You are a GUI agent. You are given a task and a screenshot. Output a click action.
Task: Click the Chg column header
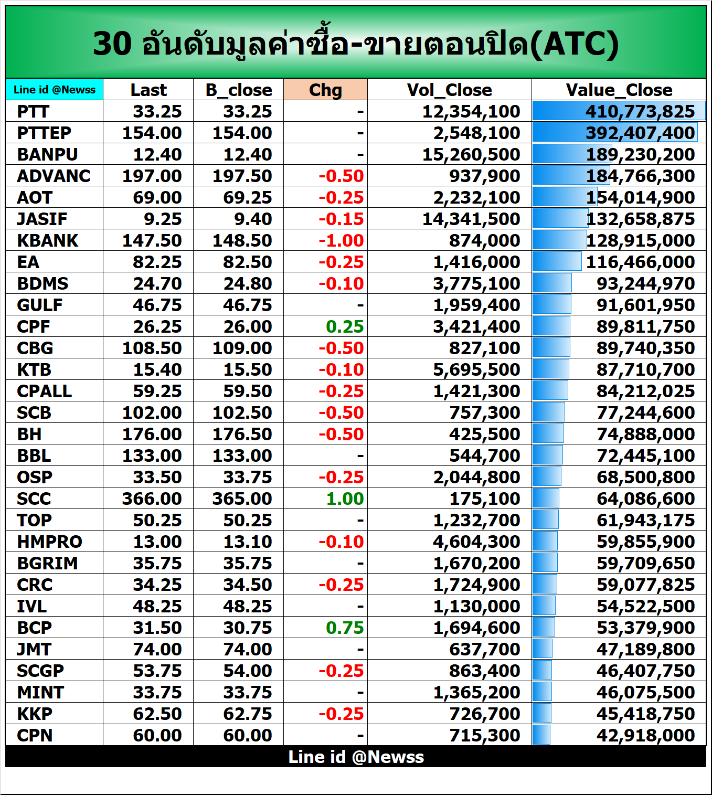[x=325, y=90]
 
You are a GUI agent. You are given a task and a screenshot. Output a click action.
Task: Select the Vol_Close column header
[x=449, y=90]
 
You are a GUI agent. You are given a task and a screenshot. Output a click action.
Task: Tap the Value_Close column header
[x=619, y=90]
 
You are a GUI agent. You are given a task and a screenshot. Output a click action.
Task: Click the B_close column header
[x=239, y=90]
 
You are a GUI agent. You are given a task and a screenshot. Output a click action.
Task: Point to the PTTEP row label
[x=44, y=133]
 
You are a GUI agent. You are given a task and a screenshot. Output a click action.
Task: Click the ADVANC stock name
[x=54, y=176]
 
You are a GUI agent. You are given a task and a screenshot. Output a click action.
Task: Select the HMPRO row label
[x=49, y=542]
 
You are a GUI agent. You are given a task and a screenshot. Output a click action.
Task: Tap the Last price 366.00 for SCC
[x=152, y=499]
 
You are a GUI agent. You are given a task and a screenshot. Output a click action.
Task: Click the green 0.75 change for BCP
[x=344, y=628]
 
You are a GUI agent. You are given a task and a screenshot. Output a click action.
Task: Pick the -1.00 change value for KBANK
[x=341, y=240]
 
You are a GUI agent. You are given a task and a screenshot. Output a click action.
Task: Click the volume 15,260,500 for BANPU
[x=471, y=154]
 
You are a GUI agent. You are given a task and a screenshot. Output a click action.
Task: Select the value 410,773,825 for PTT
[x=640, y=111]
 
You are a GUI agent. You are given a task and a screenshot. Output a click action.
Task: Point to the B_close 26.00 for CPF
[x=248, y=326]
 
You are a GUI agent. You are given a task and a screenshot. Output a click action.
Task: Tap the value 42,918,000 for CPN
[x=645, y=735]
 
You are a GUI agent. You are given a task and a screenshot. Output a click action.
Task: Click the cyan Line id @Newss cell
[x=55, y=90]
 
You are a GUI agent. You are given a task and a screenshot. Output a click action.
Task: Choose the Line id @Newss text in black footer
[x=356, y=757]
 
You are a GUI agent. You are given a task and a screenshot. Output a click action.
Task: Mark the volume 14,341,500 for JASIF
[x=471, y=219]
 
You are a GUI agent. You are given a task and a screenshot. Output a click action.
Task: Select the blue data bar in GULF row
[x=551, y=304]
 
